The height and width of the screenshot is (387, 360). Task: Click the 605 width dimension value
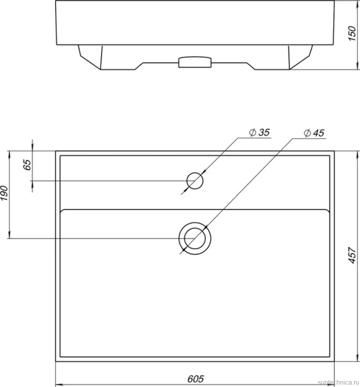pos(196,379)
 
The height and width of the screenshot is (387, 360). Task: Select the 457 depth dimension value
pos(352,255)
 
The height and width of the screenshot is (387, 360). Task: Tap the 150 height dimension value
pos(352,34)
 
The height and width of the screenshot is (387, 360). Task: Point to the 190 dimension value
pos(4,193)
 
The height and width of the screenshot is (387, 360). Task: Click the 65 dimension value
pos(27,165)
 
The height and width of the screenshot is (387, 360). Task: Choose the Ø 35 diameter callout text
pos(259,132)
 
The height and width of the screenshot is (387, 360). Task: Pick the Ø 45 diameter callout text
pos(314,133)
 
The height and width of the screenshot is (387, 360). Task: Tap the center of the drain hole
pos(195,239)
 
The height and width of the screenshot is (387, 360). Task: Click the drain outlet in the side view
pos(195,62)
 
